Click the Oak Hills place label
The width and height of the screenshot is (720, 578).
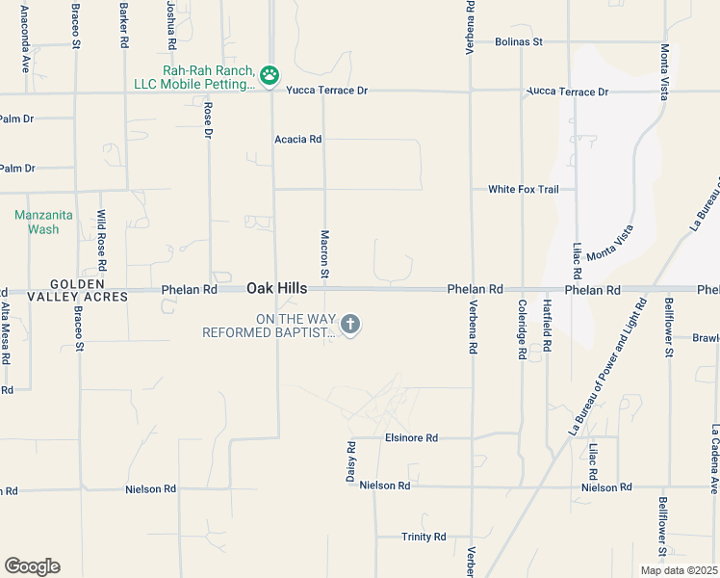coord(277,288)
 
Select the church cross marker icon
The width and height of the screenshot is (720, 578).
coord(350,325)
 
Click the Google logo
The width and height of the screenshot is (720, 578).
coord(32,566)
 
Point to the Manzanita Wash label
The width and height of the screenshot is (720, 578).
coord(37,222)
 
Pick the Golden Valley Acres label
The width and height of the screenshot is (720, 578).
coord(64,290)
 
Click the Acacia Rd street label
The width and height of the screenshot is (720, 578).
coord(297,139)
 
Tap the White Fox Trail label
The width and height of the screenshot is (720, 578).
coord(523,189)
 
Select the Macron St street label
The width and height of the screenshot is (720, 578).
coord(325,255)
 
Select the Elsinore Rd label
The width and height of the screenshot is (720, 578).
coord(411,437)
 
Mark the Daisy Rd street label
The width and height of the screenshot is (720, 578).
coord(351,462)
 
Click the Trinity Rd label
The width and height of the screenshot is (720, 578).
coord(424,537)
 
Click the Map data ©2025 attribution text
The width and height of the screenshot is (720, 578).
coord(679,570)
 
